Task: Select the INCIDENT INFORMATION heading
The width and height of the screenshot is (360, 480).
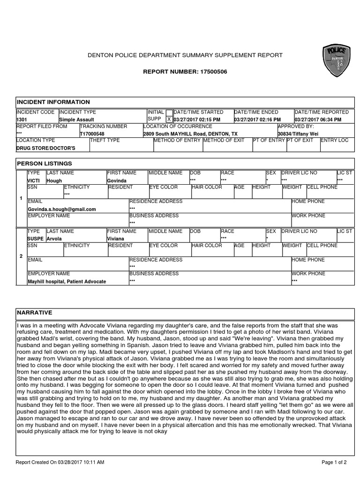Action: (53, 102)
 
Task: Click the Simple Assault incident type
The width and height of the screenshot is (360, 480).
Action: (76, 120)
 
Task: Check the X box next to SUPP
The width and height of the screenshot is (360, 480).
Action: (169, 120)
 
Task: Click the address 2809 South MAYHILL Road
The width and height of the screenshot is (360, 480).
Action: (190, 134)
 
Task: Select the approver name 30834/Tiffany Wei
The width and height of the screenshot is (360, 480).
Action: (298, 134)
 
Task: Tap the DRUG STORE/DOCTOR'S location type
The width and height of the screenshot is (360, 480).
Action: (45, 148)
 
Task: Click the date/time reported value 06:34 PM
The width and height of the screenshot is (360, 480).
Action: (318, 120)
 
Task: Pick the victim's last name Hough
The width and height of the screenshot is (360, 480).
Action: (54, 180)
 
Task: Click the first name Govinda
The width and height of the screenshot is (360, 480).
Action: (117, 180)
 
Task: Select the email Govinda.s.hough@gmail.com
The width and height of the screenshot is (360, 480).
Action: (62, 209)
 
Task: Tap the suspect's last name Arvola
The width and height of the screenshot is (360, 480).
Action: (54, 239)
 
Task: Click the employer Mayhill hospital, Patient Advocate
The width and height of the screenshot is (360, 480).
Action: (67, 282)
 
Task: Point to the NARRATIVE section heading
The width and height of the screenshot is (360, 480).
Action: (35, 313)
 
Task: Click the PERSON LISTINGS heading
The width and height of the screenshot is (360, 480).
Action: (45, 164)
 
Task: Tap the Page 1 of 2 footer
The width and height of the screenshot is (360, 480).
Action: (334, 462)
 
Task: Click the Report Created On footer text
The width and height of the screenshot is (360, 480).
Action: (60, 462)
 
